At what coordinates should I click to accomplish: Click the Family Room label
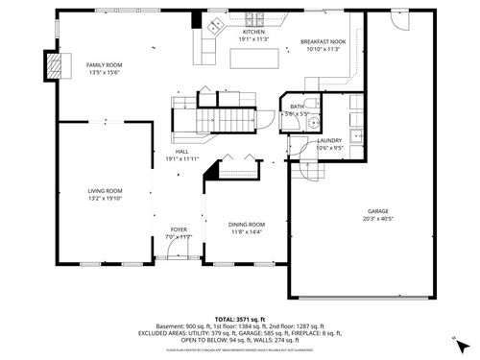click(105, 64)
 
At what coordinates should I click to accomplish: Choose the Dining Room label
click(247, 224)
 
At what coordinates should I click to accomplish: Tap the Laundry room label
click(330, 141)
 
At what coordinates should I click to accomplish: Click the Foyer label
click(180, 229)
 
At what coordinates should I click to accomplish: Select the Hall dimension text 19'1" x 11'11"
click(181, 157)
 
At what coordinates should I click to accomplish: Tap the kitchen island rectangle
click(253, 59)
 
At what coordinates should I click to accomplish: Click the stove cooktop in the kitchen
click(257, 17)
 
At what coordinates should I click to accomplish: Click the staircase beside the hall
click(225, 116)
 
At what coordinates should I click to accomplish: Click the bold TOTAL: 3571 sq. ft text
click(239, 317)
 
